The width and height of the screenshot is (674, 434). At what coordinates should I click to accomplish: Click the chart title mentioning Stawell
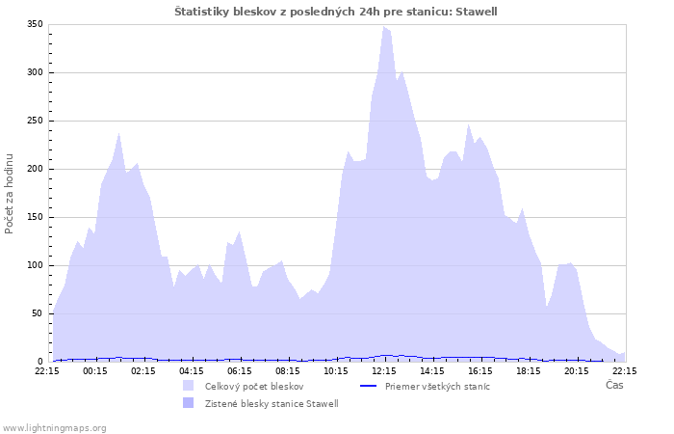[336, 11]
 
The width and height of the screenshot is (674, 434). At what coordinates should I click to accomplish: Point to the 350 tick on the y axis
[36, 24]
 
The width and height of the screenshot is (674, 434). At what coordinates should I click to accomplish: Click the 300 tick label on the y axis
[36, 72]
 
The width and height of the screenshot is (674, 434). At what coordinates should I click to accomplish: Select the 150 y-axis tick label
[36, 217]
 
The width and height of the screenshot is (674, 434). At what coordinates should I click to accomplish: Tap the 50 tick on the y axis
[39, 313]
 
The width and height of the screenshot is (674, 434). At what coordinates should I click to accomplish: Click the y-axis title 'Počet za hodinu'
[10, 193]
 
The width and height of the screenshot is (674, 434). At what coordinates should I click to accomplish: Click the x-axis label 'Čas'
[613, 385]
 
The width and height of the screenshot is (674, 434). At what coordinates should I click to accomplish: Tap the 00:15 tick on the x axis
[95, 370]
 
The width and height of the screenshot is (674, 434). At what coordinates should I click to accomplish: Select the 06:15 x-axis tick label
[240, 370]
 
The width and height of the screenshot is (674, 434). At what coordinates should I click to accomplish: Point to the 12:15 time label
[384, 370]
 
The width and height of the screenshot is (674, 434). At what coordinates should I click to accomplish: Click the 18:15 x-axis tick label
[529, 370]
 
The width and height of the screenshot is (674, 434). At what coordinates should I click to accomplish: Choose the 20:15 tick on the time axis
[577, 370]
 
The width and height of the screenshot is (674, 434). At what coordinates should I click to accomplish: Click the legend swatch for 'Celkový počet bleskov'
[188, 386]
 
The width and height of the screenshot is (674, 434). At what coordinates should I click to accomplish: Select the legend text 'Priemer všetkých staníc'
[437, 386]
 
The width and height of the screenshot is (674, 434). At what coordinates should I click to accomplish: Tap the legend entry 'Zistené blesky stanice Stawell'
[272, 403]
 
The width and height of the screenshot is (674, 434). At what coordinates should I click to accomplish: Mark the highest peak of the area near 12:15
[384, 27]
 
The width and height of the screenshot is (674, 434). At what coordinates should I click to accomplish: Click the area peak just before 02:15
[119, 134]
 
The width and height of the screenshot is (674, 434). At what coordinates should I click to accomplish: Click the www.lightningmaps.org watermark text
[54, 427]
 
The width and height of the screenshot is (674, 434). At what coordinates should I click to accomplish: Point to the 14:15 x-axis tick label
[432, 370]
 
